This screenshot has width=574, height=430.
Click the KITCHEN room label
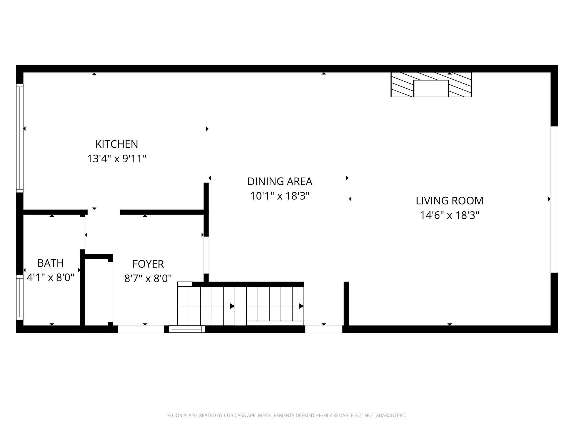tap(117, 144)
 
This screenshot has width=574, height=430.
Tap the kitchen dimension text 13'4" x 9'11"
tap(117, 159)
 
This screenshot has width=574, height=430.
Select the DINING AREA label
tap(280, 181)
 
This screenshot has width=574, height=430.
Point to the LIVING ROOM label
tap(450, 201)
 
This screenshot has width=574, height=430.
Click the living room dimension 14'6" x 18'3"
tap(450, 215)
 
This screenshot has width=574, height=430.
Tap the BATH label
tap(50, 263)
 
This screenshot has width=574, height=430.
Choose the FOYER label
tap(148, 264)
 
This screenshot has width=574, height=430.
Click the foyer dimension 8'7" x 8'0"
tap(148, 279)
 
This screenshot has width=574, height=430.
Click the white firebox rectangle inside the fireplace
tap(431, 88)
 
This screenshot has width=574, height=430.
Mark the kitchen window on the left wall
tap(20, 138)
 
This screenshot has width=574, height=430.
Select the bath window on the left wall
tap(20, 297)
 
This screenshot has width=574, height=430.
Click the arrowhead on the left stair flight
tap(232, 306)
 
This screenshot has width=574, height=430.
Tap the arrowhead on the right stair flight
tap(301, 306)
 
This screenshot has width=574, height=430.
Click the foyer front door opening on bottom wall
tap(140, 329)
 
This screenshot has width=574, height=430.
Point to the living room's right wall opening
tap(554, 199)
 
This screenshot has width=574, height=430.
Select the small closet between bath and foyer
tap(96, 292)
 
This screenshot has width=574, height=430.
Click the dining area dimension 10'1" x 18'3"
tap(280, 196)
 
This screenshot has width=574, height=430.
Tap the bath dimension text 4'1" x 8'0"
tap(50, 278)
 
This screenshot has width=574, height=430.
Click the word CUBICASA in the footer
tap(235, 415)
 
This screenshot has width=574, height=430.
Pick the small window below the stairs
tap(187, 329)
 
